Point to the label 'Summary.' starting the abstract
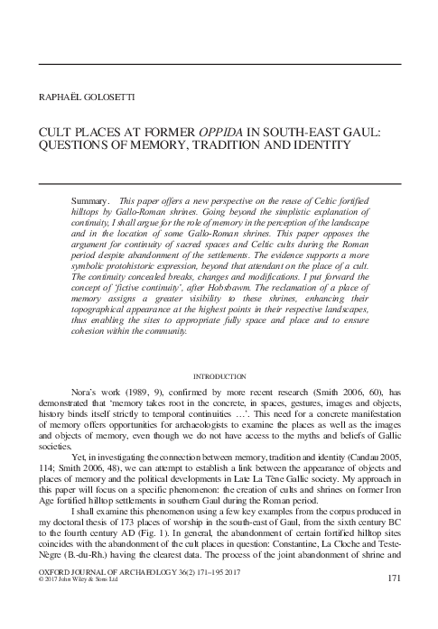click(x=89, y=197)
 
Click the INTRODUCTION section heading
click(x=219, y=375)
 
